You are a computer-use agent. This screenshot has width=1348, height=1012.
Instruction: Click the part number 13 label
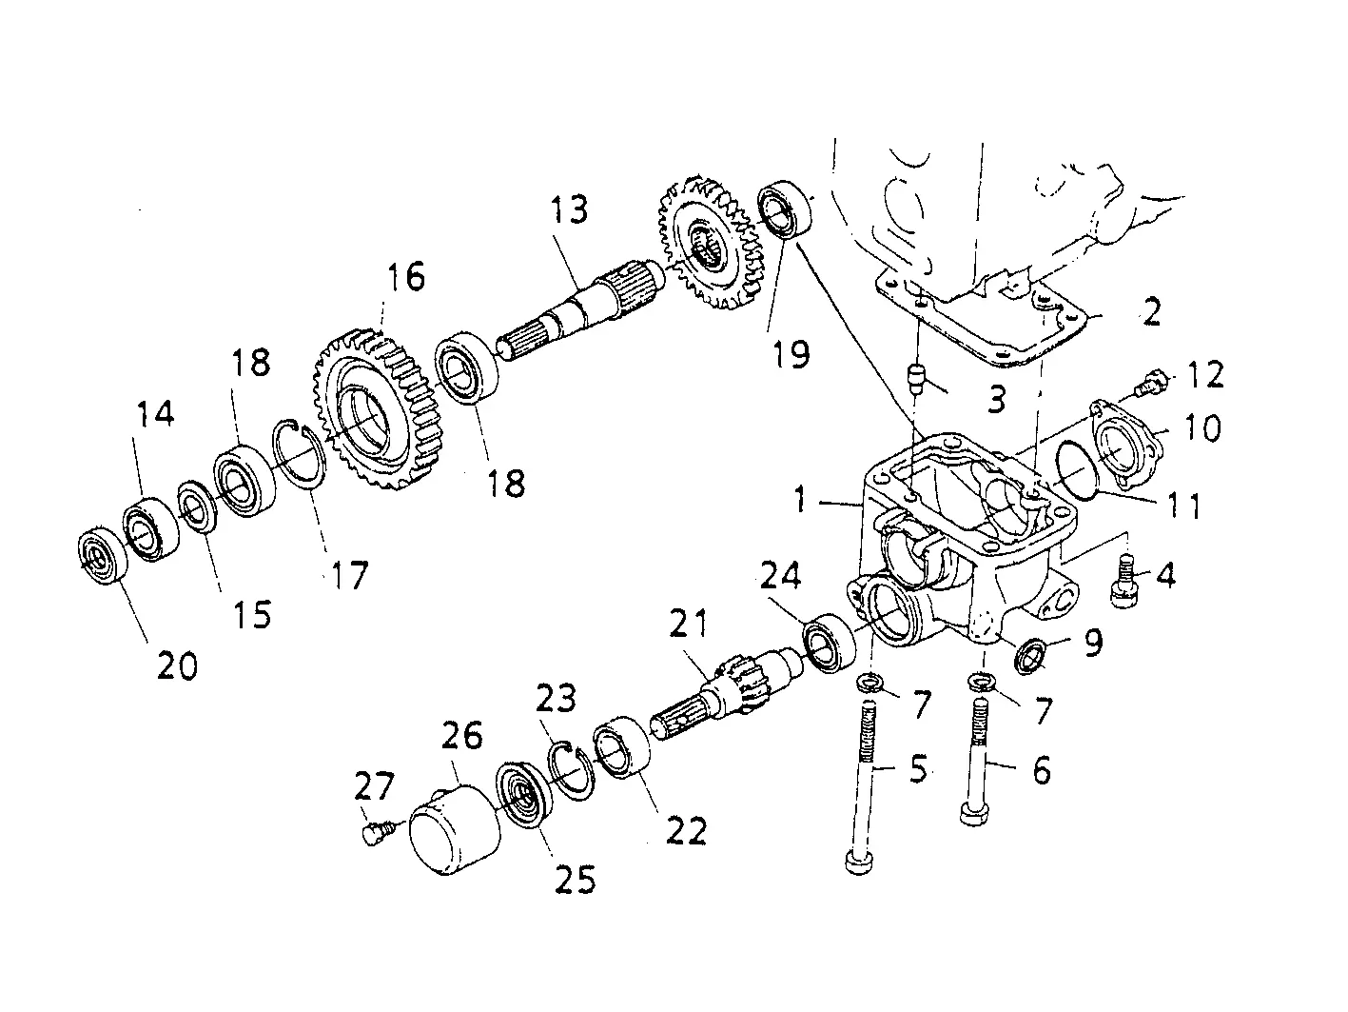tap(569, 208)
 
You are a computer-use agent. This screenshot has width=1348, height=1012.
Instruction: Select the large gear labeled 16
tap(378, 408)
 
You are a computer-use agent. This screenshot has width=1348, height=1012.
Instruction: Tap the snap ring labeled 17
tap(299, 454)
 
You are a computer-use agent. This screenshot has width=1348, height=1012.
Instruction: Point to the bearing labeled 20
tap(103, 555)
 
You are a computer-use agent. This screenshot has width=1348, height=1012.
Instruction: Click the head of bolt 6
tap(974, 814)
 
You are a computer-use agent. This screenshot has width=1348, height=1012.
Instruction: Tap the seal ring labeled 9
tap(1030, 656)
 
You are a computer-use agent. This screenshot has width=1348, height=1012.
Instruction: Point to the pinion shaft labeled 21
tap(725, 690)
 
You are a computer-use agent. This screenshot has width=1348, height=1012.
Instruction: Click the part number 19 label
tap(791, 354)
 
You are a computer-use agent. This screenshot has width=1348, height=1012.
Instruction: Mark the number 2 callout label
tap(1151, 311)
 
